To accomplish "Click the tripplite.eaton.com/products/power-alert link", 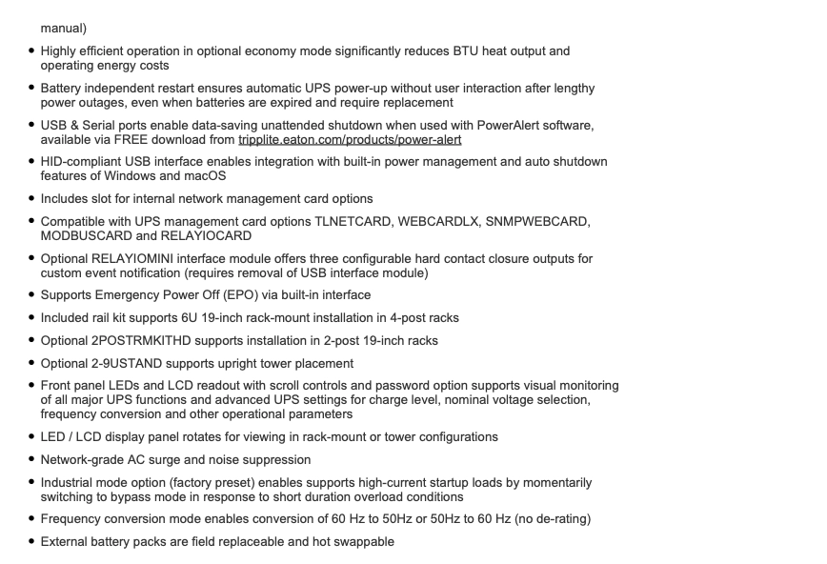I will coord(350,140).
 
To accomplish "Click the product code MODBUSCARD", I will coord(84,236).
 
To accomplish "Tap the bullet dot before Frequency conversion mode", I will coord(31,519).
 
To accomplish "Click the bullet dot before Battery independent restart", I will coord(31,89).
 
